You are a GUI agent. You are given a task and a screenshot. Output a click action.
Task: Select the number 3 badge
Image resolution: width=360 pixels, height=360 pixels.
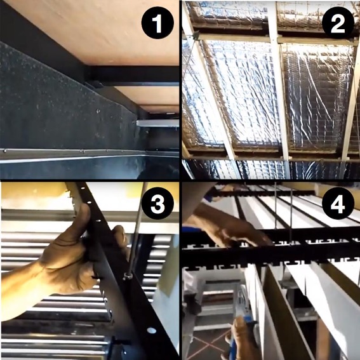[x=154, y=204]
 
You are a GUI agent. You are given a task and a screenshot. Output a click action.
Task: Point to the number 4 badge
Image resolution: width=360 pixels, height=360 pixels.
[x=334, y=206]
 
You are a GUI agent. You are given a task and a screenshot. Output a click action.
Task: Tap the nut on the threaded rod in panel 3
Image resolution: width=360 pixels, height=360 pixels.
[x=129, y=277]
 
